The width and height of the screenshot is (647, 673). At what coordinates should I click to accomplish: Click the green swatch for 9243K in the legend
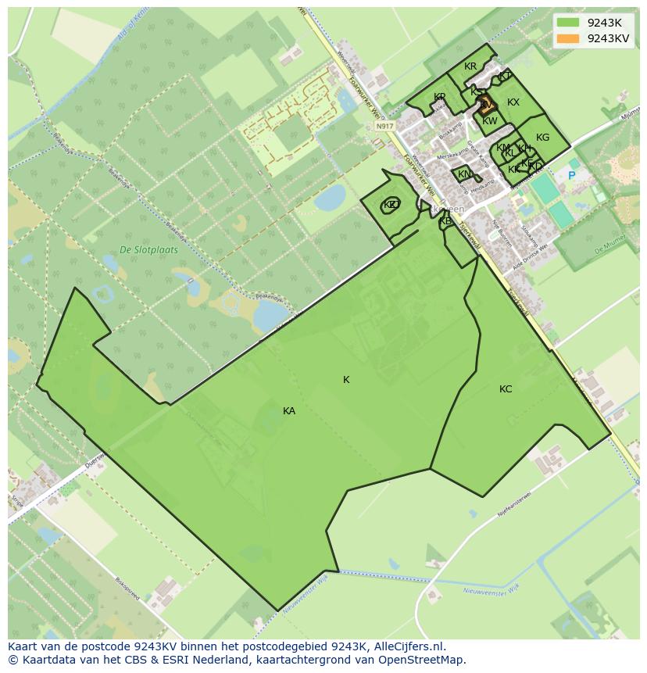[569, 23]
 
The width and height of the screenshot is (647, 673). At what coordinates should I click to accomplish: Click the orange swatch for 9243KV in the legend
[569, 38]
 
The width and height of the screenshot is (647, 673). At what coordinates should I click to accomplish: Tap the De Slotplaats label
[148, 250]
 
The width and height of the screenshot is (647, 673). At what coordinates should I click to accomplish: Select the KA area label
[289, 411]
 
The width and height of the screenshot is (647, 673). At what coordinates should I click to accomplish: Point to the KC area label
[506, 389]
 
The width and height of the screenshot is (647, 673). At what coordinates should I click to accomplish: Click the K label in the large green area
[346, 380]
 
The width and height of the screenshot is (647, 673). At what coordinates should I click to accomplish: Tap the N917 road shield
[384, 126]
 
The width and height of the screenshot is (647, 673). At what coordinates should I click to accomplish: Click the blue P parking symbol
[571, 176]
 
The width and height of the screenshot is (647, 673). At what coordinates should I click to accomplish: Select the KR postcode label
[470, 66]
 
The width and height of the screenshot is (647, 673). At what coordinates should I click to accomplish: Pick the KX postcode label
[513, 102]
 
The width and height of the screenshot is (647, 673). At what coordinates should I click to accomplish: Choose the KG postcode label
[542, 138]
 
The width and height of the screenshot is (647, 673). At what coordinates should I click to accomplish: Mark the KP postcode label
[439, 97]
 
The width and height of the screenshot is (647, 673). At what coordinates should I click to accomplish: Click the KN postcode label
[464, 174]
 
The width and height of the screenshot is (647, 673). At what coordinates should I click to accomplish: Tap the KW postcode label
[490, 121]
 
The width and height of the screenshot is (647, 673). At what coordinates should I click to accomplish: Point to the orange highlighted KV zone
[486, 104]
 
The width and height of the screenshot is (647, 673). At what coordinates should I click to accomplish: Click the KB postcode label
[445, 221]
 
